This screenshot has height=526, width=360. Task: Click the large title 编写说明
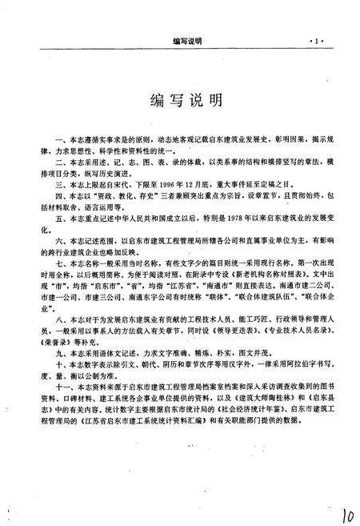180,102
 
